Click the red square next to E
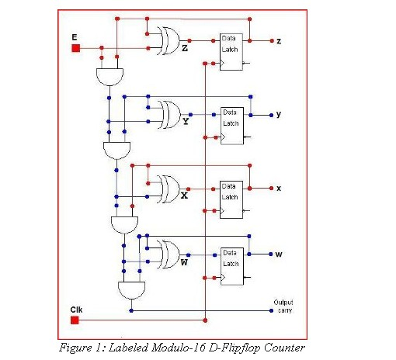coord(76,48)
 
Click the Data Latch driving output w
coord(231,264)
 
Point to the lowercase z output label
coord(278,40)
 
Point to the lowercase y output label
coord(278,114)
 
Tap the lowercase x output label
coord(278,189)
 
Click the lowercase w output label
coord(278,254)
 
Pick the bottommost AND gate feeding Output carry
coord(130,289)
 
